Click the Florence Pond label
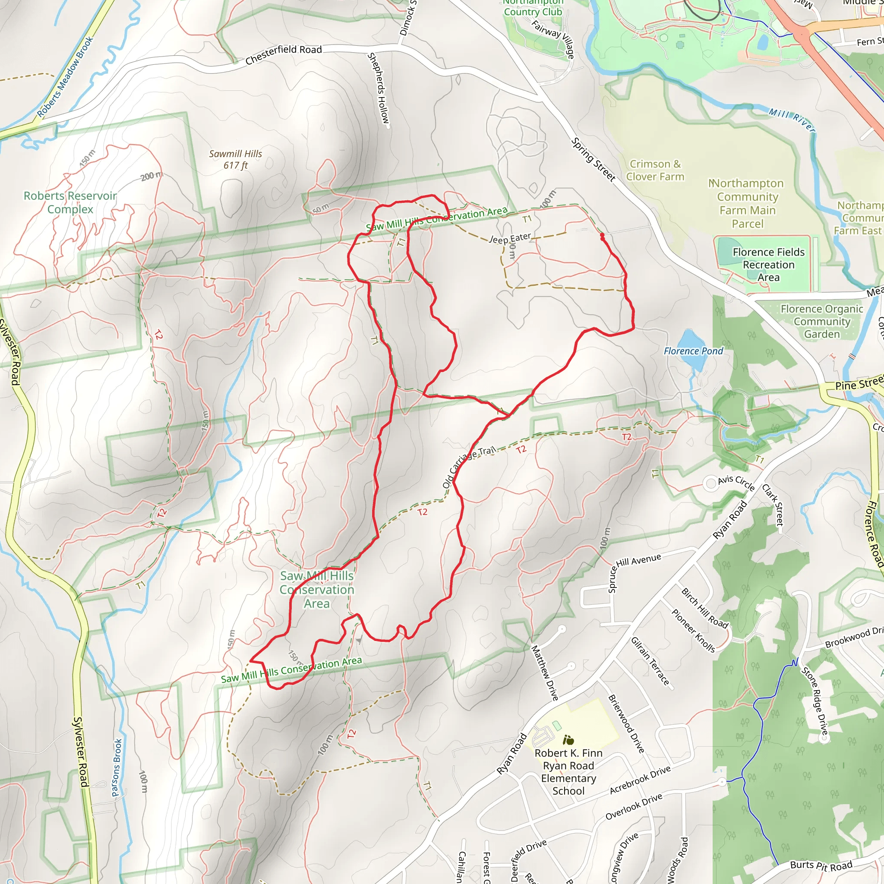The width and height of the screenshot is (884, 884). click(693, 351)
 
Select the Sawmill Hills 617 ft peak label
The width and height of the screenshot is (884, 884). click(235, 159)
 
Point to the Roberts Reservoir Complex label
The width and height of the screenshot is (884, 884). click(70, 202)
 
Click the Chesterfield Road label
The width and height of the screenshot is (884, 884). click(283, 55)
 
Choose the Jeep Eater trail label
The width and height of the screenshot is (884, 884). click(510, 238)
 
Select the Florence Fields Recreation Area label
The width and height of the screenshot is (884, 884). click(768, 265)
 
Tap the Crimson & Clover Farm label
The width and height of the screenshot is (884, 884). click(655, 170)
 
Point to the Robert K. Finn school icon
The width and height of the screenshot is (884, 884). click(568, 740)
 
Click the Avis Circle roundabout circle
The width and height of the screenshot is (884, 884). click(710, 483)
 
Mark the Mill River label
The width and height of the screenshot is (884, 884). click(791, 120)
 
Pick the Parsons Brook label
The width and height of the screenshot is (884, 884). click(117, 767)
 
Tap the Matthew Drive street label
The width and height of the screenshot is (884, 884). click(544, 672)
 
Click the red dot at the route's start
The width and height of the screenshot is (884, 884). click(602, 236)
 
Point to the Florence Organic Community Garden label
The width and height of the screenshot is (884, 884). click(822, 321)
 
